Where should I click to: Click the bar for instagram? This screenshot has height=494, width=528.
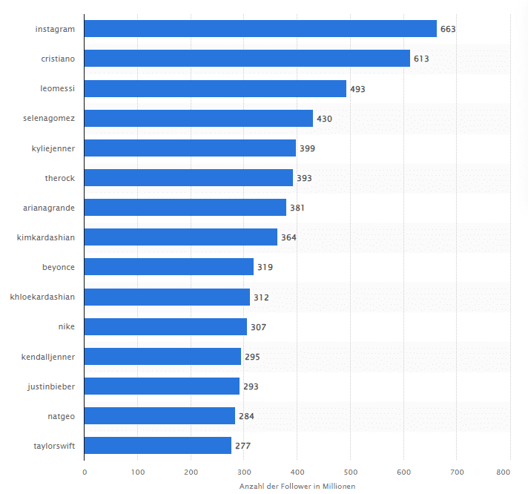pyautogui.click(x=260, y=29)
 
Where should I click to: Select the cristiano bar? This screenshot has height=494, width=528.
pyautogui.click(x=247, y=59)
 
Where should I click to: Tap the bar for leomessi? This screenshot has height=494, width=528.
pyautogui.click(x=215, y=88)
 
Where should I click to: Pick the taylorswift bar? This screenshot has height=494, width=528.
pyautogui.click(x=158, y=445)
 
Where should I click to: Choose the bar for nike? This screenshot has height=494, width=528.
pyautogui.click(x=165, y=326)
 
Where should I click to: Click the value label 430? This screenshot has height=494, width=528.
pyautogui.click(x=324, y=119)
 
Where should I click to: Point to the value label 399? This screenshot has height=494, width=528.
pyautogui.click(x=308, y=148)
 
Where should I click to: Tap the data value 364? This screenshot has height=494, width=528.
pyautogui.click(x=288, y=238)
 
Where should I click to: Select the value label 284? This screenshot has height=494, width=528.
pyautogui.click(x=246, y=416)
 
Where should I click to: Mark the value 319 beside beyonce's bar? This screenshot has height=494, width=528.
pyautogui.click(x=265, y=267)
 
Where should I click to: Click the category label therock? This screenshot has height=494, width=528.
pyautogui.click(x=60, y=178)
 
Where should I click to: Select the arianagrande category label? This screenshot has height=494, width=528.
pyautogui.click(x=49, y=208)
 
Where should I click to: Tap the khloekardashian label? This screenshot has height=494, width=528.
pyautogui.click(x=42, y=297)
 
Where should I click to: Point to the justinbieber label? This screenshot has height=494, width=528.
pyautogui.click(x=51, y=386)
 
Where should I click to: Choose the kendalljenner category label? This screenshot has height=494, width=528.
pyautogui.click(x=48, y=357)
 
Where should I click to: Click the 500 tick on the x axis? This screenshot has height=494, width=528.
pyautogui.click(x=351, y=472)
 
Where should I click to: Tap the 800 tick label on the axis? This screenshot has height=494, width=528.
pyautogui.click(x=504, y=472)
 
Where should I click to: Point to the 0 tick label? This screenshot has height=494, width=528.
pyautogui.click(x=85, y=472)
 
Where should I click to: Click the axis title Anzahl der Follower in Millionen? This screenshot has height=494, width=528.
pyautogui.click(x=297, y=487)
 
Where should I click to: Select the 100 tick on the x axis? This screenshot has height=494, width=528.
pyautogui.click(x=138, y=472)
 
